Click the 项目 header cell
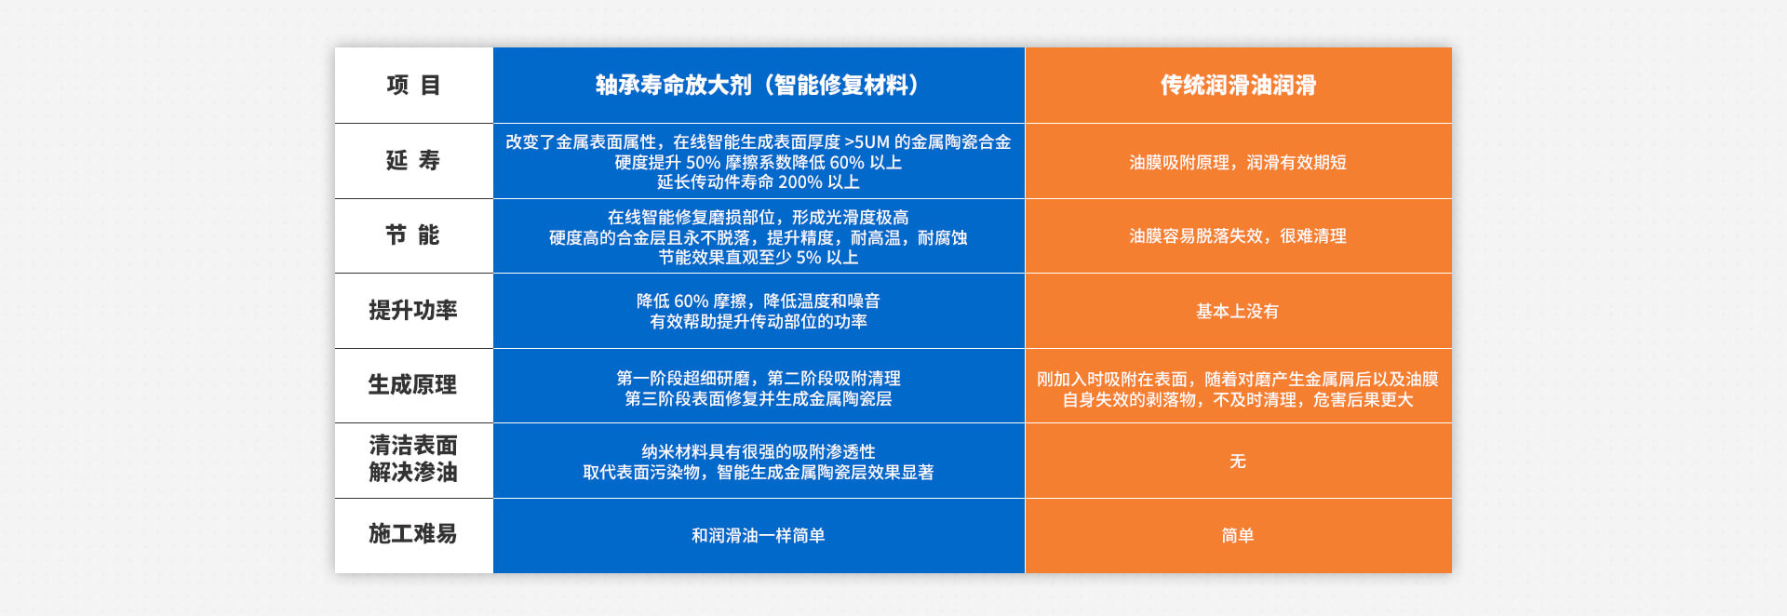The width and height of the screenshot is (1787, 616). pyautogui.click(x=413, y=86)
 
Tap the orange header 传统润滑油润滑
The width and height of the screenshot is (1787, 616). pyautogui.click(x=1238, y=86)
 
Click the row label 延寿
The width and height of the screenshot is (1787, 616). pyautogui.click(x=413, y=161)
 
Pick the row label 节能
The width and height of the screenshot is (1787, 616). pyautogui.click(x=413, y=235)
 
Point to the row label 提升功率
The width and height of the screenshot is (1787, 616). pyautogui.click(x=413, y=311)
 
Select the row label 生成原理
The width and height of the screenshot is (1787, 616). pyautogui.click(x=413, y=385)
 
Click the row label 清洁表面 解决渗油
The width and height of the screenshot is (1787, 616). pyautogui.click(x=413, y=460)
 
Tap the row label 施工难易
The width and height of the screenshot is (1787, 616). pyautogui.click(x=413, y=534)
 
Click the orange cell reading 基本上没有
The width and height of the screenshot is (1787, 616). pyautogui.click(x=1238, y=312)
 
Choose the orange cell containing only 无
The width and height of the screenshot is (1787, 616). pyautogui.click(x=1238, y=462)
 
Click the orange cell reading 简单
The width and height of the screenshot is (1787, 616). pyautogui.click(x=1238, y=536)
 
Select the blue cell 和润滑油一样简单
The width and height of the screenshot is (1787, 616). pyautogui.click(x=758, y=536)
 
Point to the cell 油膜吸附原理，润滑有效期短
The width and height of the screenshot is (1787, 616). pyautogui.click(x=1238, y=163)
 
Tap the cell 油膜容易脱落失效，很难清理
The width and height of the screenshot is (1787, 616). pyautogui.click(x=1238, y=236)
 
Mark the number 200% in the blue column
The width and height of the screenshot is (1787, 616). pyautogui.click(x=800, y=182)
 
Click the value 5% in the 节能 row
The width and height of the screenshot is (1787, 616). pyautogui.click(x=808, y=258)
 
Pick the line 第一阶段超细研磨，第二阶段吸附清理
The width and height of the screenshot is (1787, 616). pyautogui.click(x=758, y=379)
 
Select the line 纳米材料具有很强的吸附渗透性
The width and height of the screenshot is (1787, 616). pyautogui.click(x=758, y=452)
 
